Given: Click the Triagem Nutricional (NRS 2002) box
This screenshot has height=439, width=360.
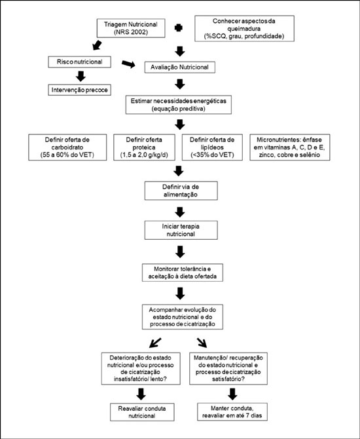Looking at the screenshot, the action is (131, 28).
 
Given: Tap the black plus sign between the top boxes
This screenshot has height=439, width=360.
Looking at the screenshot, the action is (179, 28).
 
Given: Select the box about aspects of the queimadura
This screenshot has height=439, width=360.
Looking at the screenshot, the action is (244, 29).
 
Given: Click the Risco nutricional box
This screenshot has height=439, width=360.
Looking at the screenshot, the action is (79, 62).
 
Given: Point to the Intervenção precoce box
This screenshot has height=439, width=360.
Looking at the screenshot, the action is (79, 90).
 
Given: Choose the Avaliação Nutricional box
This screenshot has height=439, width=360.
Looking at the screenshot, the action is (179, 67).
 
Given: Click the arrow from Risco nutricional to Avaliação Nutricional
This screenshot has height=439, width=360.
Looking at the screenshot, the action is (128, 64).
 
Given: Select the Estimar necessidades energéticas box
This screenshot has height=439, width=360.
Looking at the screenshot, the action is (179, 105).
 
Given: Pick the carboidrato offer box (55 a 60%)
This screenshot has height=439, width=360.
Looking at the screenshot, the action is (67, 147).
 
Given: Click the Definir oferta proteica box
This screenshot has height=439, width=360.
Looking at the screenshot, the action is (144, 147).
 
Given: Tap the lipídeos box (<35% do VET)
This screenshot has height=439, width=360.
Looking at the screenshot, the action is (212, 147).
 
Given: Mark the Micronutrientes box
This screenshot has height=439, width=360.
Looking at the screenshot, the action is (289, 147).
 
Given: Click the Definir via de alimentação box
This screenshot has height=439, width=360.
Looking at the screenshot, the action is (181, 191).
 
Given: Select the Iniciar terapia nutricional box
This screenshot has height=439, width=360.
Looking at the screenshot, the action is (181, 230).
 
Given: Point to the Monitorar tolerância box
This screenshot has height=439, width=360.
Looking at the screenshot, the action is (183, 273).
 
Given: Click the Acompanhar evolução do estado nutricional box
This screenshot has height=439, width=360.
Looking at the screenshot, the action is (183, 317).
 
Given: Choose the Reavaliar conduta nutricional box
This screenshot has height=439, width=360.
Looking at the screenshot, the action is (142, 412).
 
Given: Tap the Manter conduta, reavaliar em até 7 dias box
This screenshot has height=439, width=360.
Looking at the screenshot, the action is (232, 412).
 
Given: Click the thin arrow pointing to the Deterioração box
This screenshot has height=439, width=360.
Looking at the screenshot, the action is (155, 343).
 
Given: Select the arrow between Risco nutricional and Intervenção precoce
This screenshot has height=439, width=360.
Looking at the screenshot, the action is (81, 76).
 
